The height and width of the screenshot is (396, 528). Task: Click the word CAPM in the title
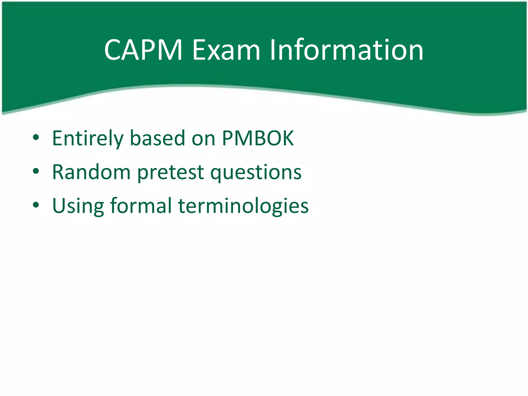(143, 50)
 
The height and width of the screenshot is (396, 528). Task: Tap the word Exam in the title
(226, 50)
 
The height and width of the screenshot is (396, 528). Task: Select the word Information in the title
(346, 50)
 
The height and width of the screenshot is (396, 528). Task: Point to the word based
(158, 138)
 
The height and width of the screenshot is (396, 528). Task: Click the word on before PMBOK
(203, 139)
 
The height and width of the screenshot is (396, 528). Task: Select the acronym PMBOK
(258, 138)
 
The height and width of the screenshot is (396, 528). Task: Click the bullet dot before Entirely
(36, 137)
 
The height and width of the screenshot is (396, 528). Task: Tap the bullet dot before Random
(36, 171)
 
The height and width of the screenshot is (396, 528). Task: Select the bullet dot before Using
(36, 205)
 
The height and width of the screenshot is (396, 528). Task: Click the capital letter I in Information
(273, 50)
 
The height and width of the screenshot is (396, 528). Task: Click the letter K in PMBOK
(287, 138)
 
